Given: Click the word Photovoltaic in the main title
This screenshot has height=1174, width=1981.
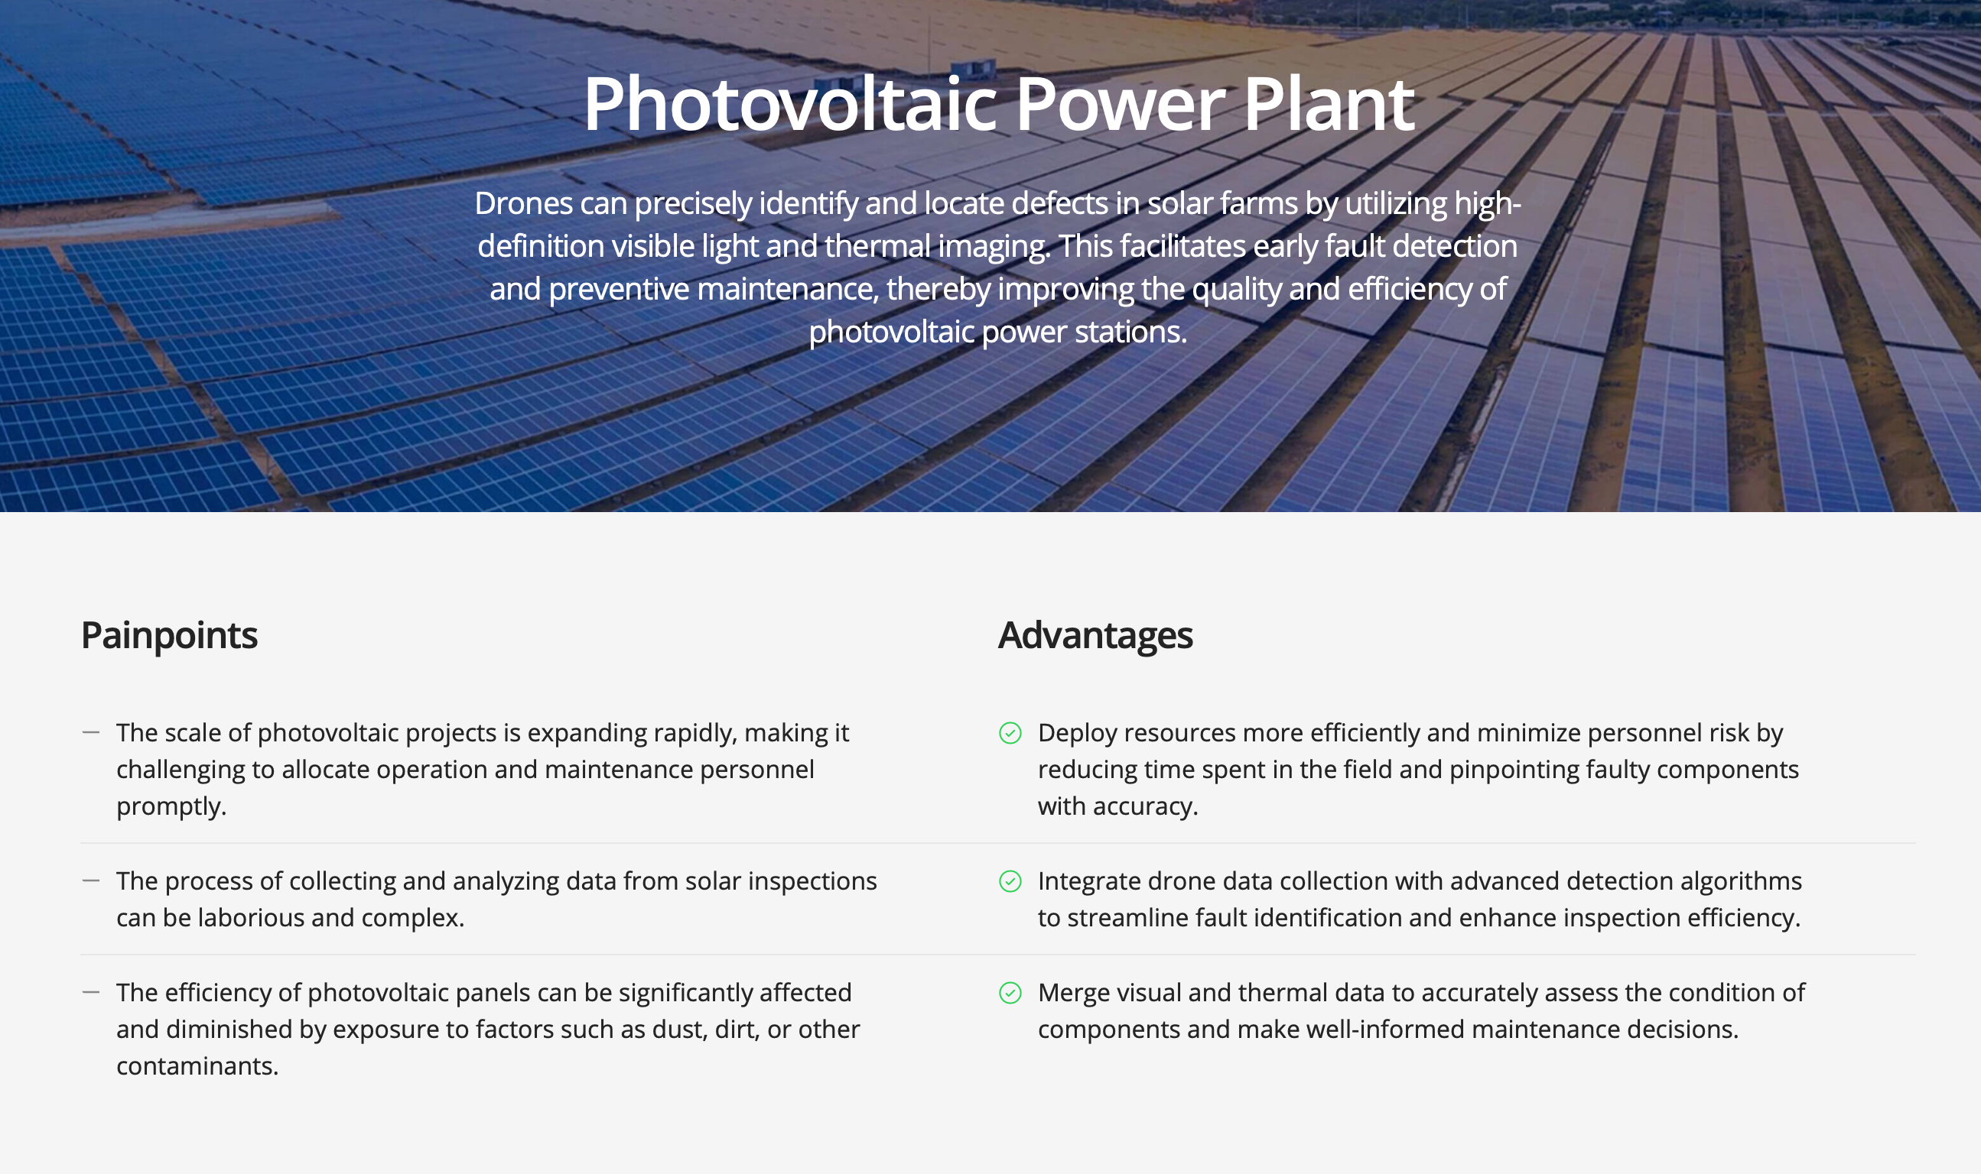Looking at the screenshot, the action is point(790,105).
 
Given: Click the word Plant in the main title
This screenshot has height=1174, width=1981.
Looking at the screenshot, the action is point(1328,105).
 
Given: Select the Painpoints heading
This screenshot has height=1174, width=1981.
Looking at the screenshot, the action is point(169,636).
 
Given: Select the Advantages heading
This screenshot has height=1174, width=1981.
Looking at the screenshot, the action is point(1095,636).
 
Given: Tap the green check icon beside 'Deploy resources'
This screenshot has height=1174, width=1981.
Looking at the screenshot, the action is point(1010,733).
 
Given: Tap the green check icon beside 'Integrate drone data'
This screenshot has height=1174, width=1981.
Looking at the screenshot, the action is point(1010,881).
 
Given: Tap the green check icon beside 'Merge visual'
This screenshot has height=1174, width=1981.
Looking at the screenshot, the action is point(1010,993).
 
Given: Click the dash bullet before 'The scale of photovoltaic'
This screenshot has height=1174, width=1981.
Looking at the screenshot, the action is point(91,732).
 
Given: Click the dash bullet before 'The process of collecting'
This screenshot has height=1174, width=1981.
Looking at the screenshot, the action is point(91,880).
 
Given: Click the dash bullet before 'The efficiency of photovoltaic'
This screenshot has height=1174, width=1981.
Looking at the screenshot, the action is point(91,992).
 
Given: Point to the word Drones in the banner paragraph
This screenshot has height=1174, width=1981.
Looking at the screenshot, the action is point(523,204).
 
